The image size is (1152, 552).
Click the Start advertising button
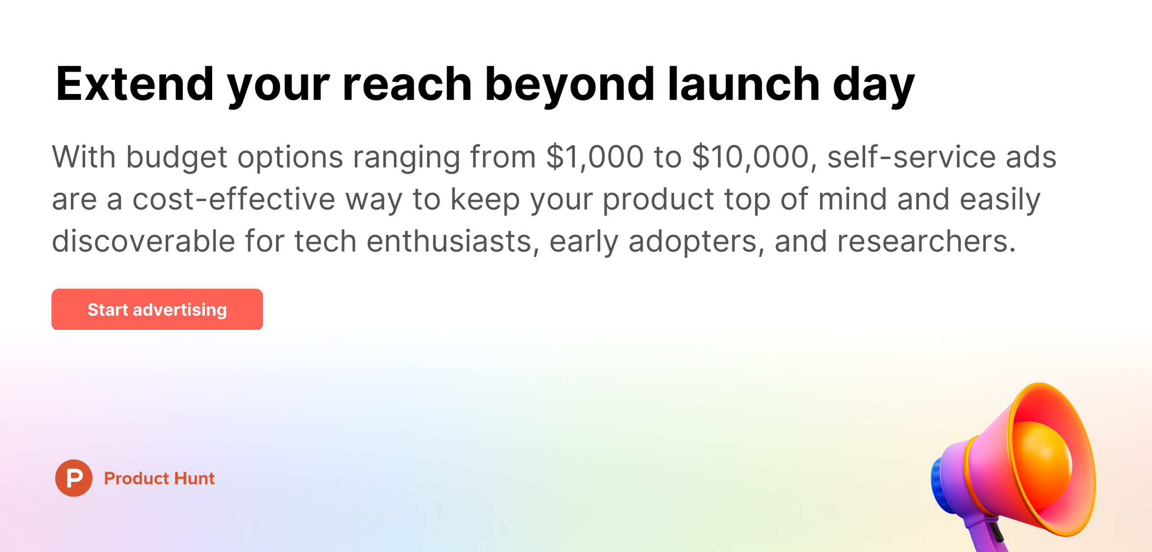157,309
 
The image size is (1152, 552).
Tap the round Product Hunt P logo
74,478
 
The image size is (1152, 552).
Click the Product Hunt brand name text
159,478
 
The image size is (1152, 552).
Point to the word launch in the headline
744,84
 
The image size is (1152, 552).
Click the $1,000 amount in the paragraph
595,157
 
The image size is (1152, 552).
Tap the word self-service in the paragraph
911,157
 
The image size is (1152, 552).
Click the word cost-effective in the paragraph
234,199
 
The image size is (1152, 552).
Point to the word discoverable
143,241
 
